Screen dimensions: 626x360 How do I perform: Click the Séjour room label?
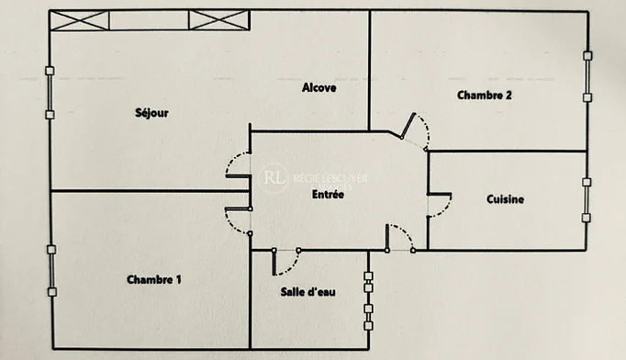151,113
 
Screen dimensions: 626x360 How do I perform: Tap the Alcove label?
319,87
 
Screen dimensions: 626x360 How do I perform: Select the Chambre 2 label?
485,96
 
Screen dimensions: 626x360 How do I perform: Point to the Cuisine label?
505,199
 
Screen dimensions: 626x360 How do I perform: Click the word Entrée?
328,195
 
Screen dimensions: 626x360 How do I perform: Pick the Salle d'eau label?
307,292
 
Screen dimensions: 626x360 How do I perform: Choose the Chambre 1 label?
153,279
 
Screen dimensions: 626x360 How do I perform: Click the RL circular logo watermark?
274,178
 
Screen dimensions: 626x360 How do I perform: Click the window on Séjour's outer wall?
50,93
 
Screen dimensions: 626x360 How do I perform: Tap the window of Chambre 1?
51,271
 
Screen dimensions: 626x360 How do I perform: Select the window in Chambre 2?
587,77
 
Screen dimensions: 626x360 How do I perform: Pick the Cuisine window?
587,200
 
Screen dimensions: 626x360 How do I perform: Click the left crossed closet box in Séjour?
80,21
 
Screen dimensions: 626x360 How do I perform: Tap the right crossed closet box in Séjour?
219,20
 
